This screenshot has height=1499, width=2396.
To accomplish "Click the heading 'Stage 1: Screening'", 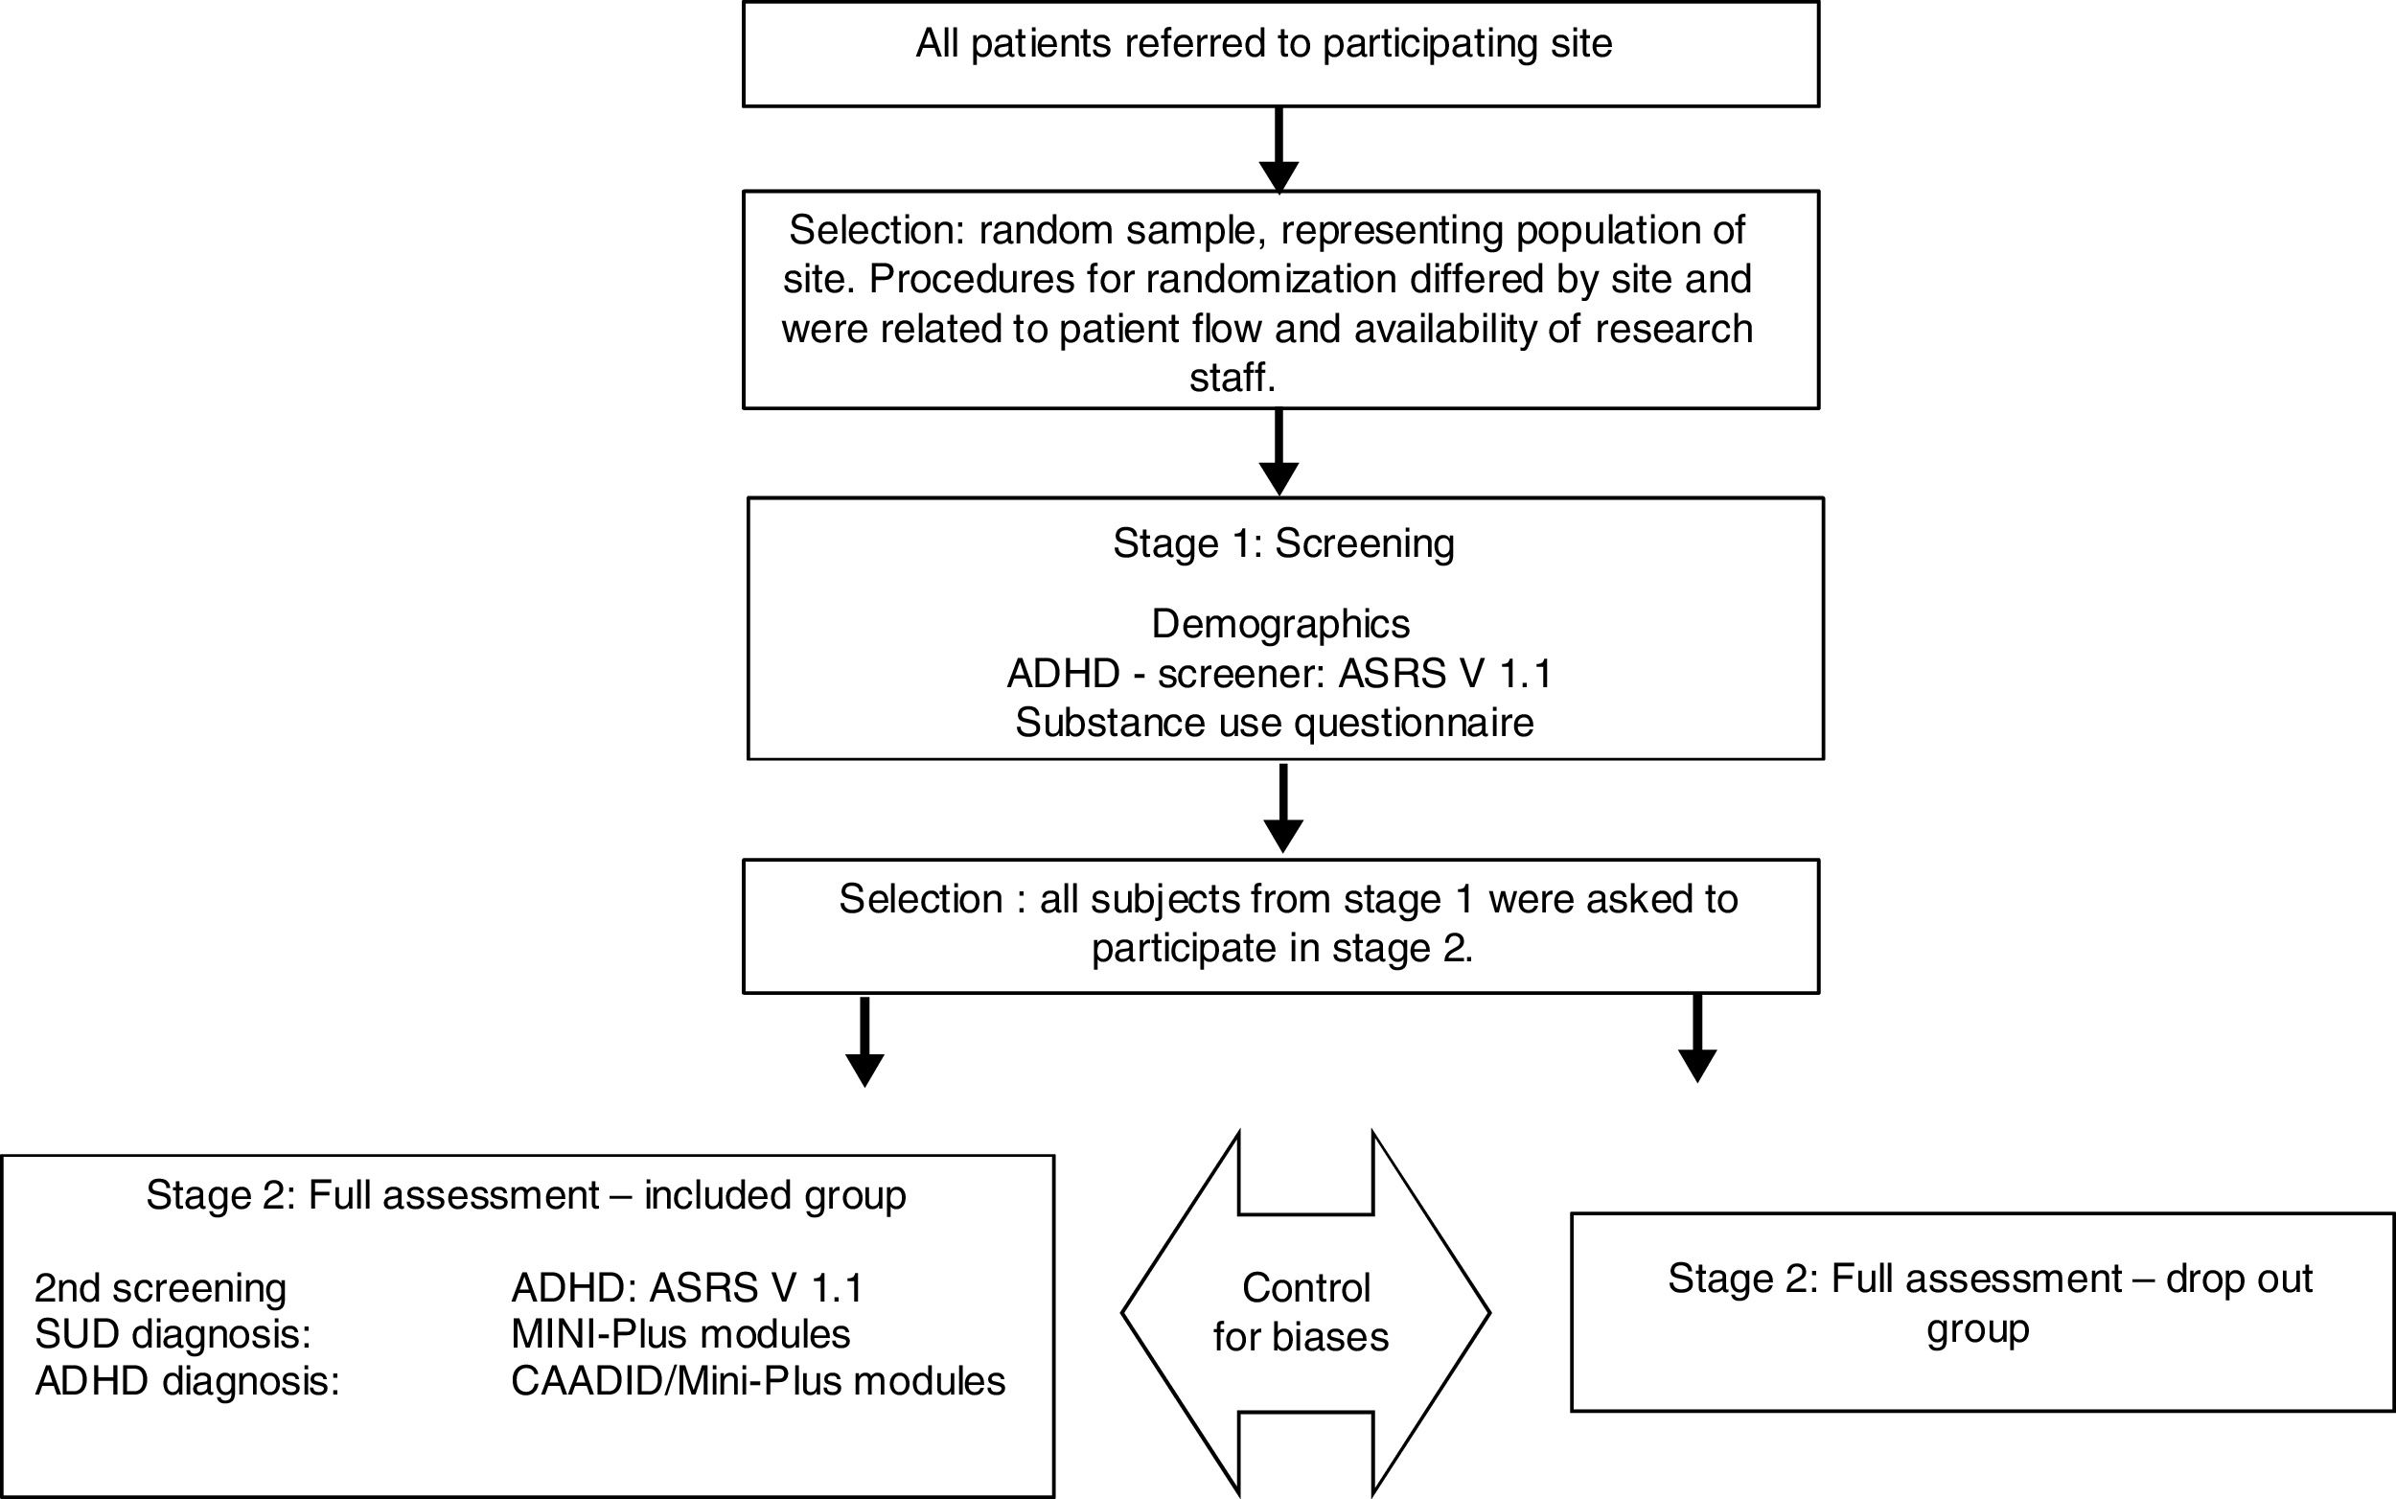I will [1282, 543].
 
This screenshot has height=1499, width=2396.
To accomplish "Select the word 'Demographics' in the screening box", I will [1279, 625].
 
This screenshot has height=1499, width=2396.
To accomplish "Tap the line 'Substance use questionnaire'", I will [1274, 723].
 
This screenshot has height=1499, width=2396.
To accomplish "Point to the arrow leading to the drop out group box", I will [1697, 1038].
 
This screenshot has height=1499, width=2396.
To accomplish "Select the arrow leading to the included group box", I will [864, 1041].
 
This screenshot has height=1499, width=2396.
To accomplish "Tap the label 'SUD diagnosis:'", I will [173, 1334].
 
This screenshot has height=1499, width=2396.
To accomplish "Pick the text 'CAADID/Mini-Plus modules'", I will [757, 1381].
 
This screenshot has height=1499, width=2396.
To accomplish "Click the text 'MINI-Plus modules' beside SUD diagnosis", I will [680, 1334].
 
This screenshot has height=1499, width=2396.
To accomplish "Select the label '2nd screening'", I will [161, 1289].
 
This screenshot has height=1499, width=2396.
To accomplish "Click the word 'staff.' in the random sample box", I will [1233, 378].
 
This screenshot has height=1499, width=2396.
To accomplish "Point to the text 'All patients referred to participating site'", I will [1264, 44].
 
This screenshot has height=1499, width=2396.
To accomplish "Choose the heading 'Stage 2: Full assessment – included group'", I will [525, 1195].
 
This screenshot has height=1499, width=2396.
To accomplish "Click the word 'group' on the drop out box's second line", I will [1978, 1327].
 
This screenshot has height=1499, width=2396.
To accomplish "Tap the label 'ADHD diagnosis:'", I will [187, 1381].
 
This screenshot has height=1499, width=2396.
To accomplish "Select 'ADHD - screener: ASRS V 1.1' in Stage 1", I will [1279, 674].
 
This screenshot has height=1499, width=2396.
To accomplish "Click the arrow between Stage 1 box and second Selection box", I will [1282, 806].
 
